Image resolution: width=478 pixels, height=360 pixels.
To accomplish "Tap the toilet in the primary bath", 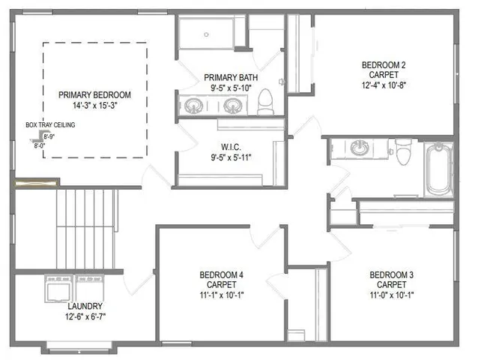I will [266, 106].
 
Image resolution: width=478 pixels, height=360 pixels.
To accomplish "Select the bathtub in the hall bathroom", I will [438, 169].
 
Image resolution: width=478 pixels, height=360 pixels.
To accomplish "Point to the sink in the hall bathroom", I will [361, 147].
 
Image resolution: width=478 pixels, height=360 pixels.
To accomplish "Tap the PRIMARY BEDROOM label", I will [95, 95].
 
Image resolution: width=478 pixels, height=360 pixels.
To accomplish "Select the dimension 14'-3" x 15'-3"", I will [95, 106].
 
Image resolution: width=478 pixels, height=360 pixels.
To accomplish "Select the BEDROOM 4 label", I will [221, 274].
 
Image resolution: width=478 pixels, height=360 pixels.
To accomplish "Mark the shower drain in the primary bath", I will [206, 34].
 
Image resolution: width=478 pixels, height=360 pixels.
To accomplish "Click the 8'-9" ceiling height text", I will [49, 137].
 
